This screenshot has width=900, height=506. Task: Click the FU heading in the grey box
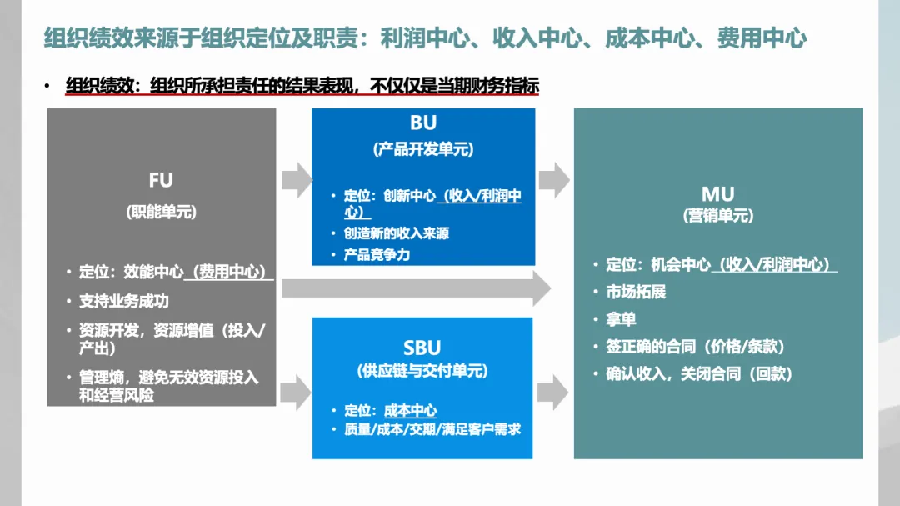pyautogui.click(x=161, y=181)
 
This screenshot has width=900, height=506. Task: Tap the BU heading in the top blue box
pyautogui.click(x=423, y=123)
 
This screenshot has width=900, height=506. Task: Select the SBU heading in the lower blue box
pyautogui.click(x=422, y=348)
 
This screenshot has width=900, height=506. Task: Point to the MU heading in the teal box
pyautogui.click(x=717, y=194)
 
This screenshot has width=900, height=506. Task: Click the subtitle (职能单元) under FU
pyautogui.click(x=161, y=212)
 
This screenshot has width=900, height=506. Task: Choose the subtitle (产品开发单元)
pyautogui.click(x=422, y=150)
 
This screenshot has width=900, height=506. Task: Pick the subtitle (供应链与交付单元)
pyautogui.click(x=422, y=371)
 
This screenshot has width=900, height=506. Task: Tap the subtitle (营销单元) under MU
pyautogui.click(x=717, y=216)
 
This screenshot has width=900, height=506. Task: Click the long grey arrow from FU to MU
pyautogui.click(x=417, y=288)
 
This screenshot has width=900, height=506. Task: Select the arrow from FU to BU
pyautogui.click(x=294, y=178)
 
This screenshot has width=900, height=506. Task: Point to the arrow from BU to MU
pyautogui.click(x=553, y=178)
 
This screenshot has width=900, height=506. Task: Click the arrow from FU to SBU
pyautogui.click(x=294, y=392)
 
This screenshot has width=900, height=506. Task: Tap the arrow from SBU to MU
pyautogui.click(x=553, y=392)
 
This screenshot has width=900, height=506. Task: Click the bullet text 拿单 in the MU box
pyautogui.click(x=621, y=319)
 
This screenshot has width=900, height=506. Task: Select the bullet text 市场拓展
pyautogui.click(x=636, y=292)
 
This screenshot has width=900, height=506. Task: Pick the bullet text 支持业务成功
pyautogui.click(x=124, y=300)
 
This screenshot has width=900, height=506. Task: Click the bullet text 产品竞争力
pyautogui.click(x=377, y=254)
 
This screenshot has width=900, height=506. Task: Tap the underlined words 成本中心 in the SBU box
pyautogui.click(x=411, y=411)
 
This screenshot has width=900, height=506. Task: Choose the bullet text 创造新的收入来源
pyautogui.click(x=397, y=233)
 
